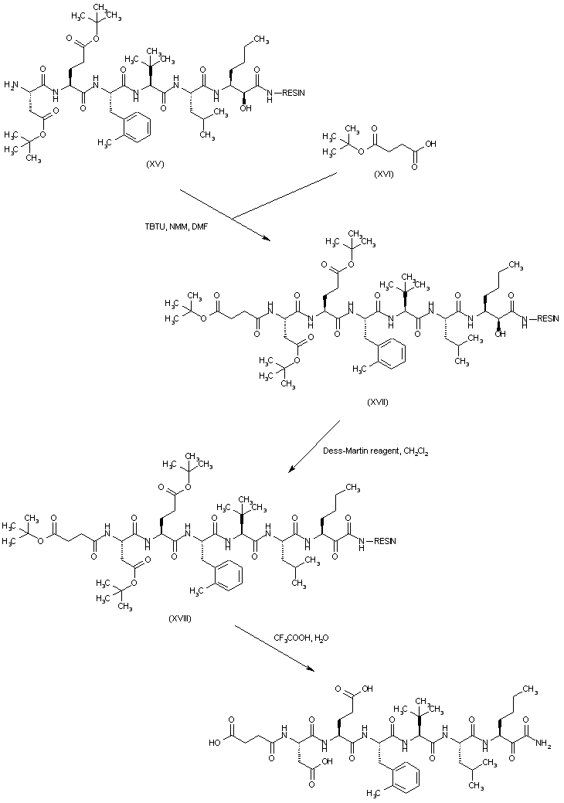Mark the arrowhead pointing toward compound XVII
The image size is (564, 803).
[267, 238]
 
